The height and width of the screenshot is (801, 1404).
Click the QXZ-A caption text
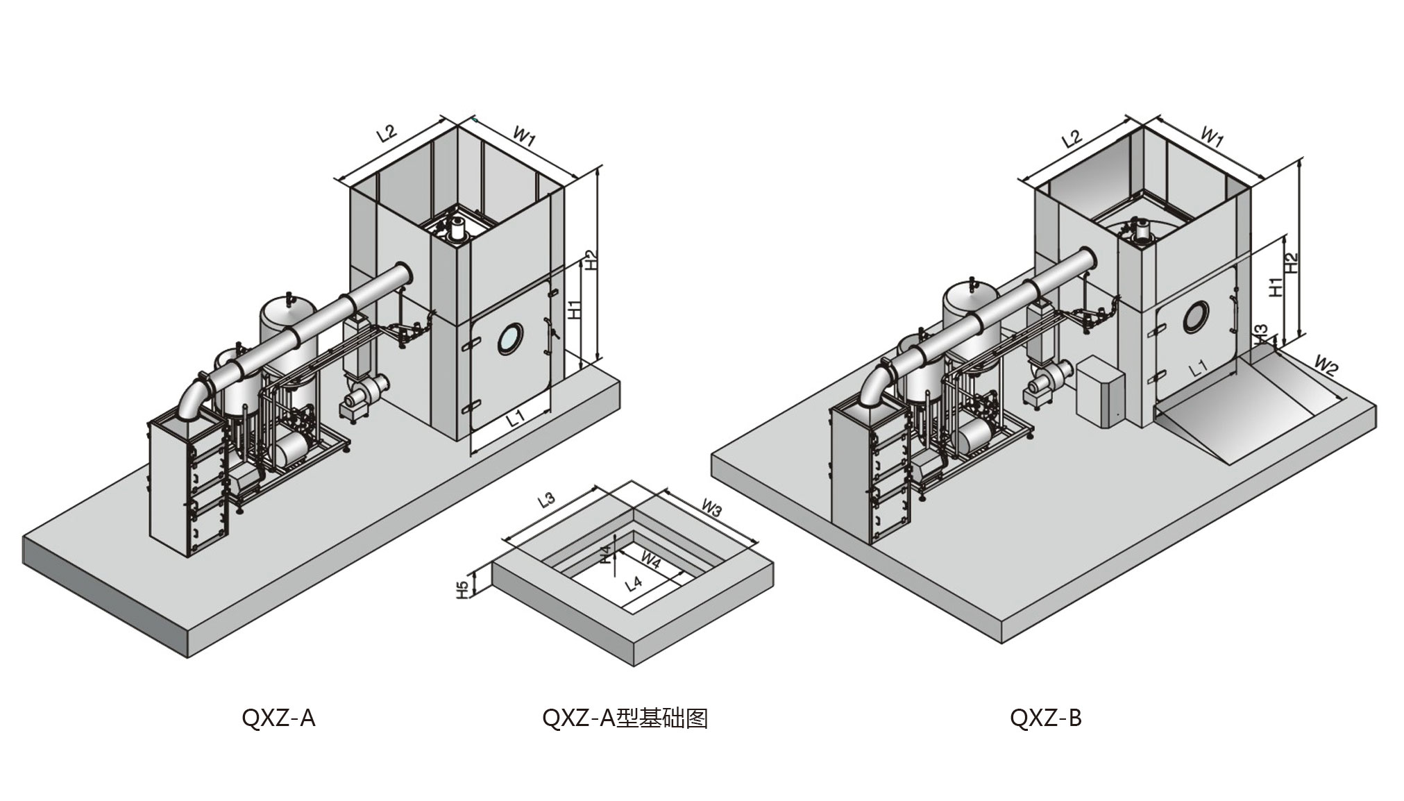tap(278, 718)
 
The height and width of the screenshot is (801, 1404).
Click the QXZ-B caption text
tap(1045, 718)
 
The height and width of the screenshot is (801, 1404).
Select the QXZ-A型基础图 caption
tap(625, 718)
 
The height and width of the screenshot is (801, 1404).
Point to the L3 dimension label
tap(548, 500)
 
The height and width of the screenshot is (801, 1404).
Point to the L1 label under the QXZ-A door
tap(514, 419)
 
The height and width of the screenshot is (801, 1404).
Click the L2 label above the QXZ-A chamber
tap(387, 133)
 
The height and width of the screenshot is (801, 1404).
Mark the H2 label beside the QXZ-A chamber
tap(590, 260)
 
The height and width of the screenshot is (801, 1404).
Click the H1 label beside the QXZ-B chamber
tap(1275, 287)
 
